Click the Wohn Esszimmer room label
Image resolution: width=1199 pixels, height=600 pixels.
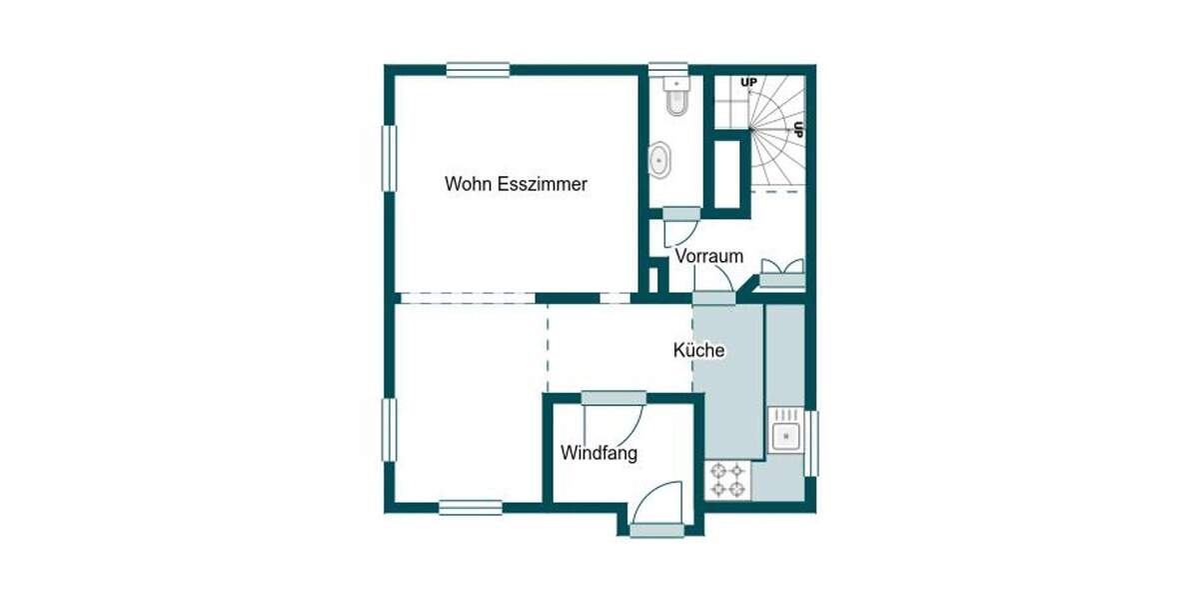click(x=516, y=184)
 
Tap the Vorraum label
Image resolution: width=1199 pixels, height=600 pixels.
click(x=708, y=256)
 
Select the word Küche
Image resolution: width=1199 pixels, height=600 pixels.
click(x=698, y=351)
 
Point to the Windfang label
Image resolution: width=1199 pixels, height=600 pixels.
click(x=599, y=453)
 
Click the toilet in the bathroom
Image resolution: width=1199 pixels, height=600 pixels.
click(x=676, y=100)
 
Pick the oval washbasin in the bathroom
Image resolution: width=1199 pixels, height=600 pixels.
click(x=660, y=159)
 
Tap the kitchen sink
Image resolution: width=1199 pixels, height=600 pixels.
click(x=784, y=435)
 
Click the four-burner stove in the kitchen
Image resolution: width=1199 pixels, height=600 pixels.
click(x=727, y=479)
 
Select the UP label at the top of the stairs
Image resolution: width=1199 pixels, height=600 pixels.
click(x=747, y=81)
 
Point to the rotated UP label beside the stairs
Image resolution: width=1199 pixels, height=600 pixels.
click(x=798, y=129)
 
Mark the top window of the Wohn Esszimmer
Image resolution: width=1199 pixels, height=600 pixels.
click(x=478, y=70)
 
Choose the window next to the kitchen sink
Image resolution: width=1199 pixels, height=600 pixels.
click(x=811, y=442)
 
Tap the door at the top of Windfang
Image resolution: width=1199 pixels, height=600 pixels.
click(x=612, y=398)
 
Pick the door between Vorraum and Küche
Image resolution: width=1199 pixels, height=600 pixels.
click(x=713, y=297)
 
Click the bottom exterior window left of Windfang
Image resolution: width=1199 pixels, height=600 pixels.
click(x=471, y=508)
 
